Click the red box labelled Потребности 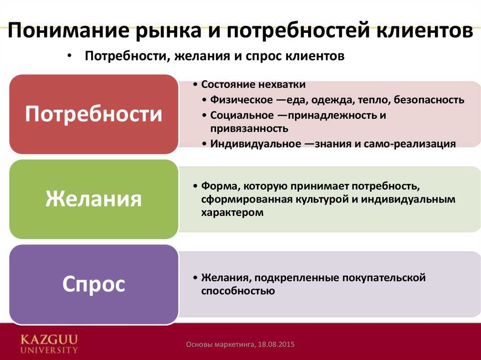click(x=93, y=114)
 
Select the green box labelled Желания click(x=93, y=199)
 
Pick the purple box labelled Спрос click(x=93, y=284)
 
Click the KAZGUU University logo click(x=49, y=344)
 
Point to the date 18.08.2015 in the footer click(x=276, y=345)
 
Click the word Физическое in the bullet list click(x=241, y=100)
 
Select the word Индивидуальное click(x=256, y=144)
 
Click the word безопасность click(x=429, y=100)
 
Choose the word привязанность click(x=249, y=128)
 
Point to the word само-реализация click(x=410, y=144)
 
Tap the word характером click(x=232, y=213)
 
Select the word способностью click(x=238, y=291)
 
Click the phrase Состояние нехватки click(x=253, y=84)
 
